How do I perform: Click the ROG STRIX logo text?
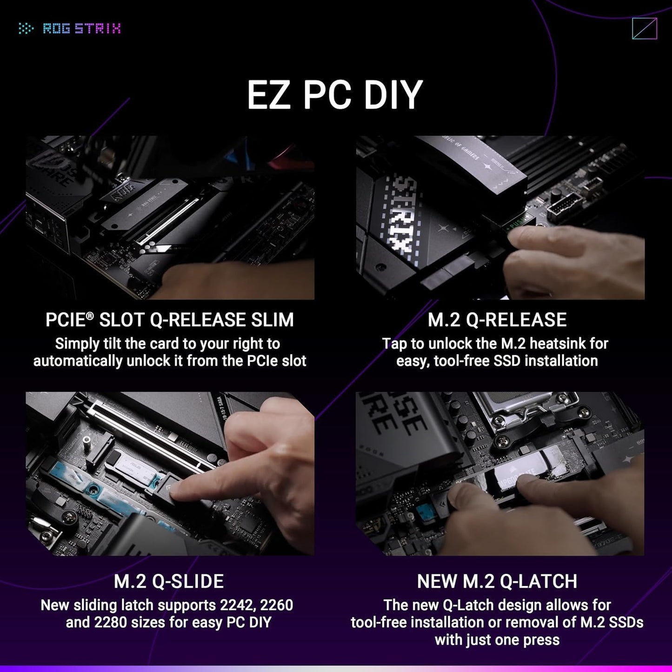81,29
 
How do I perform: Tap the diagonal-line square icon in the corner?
645,29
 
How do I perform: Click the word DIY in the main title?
393,95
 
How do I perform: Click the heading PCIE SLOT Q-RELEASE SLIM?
170,320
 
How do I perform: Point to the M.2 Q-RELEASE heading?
497,320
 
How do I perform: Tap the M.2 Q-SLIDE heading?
169,581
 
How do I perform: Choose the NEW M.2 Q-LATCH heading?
497,581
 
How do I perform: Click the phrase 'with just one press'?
497,640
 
